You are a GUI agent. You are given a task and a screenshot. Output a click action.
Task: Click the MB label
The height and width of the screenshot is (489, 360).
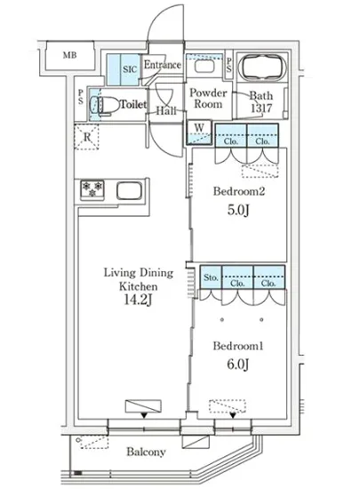(x=69, y=55)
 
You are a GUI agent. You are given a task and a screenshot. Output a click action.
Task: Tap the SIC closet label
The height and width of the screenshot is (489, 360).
(x=130, y=69)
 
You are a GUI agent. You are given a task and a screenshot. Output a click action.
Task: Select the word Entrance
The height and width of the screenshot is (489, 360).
(x=162, y=65)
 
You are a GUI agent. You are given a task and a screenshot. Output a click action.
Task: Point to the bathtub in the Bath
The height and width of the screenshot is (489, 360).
(x=262, y=68)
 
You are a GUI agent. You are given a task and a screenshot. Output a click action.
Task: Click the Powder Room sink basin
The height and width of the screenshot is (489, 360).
(x=204, y=66)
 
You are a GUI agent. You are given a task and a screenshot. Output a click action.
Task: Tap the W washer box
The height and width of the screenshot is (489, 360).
(x=199, y=132)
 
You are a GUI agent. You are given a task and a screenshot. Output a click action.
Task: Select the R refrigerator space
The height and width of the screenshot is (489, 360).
(x=86, y=137)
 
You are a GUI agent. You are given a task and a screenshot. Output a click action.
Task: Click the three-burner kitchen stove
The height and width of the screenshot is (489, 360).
(x=92, y=189)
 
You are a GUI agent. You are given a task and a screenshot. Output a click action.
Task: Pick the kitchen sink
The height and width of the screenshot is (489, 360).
(x=129, y=190)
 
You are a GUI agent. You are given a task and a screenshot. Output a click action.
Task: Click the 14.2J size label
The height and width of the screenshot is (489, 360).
(x=138, y=300)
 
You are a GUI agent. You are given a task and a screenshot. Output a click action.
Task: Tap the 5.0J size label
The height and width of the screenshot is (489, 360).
(x=238, y=210)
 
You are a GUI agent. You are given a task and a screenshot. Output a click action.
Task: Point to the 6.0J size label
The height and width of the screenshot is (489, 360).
(x=238, y=364)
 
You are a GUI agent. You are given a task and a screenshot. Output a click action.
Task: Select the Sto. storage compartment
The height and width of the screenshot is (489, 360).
(x=211, y=277)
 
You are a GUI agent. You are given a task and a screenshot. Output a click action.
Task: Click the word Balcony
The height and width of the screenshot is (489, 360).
(x=146, y=452)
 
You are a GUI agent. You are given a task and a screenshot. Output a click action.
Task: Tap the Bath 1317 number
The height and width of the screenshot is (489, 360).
(x=261, y=108)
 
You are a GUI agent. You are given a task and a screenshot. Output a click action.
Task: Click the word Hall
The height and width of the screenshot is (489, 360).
(x=166, y=111)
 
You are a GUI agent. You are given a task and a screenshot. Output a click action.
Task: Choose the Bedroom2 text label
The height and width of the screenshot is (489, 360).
(x=239, y=191)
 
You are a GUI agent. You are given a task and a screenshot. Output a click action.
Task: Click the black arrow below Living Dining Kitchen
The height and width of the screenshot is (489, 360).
(x=144, y=415)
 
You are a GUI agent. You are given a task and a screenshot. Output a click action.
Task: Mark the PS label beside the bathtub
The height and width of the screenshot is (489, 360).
(x=229, y=66)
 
